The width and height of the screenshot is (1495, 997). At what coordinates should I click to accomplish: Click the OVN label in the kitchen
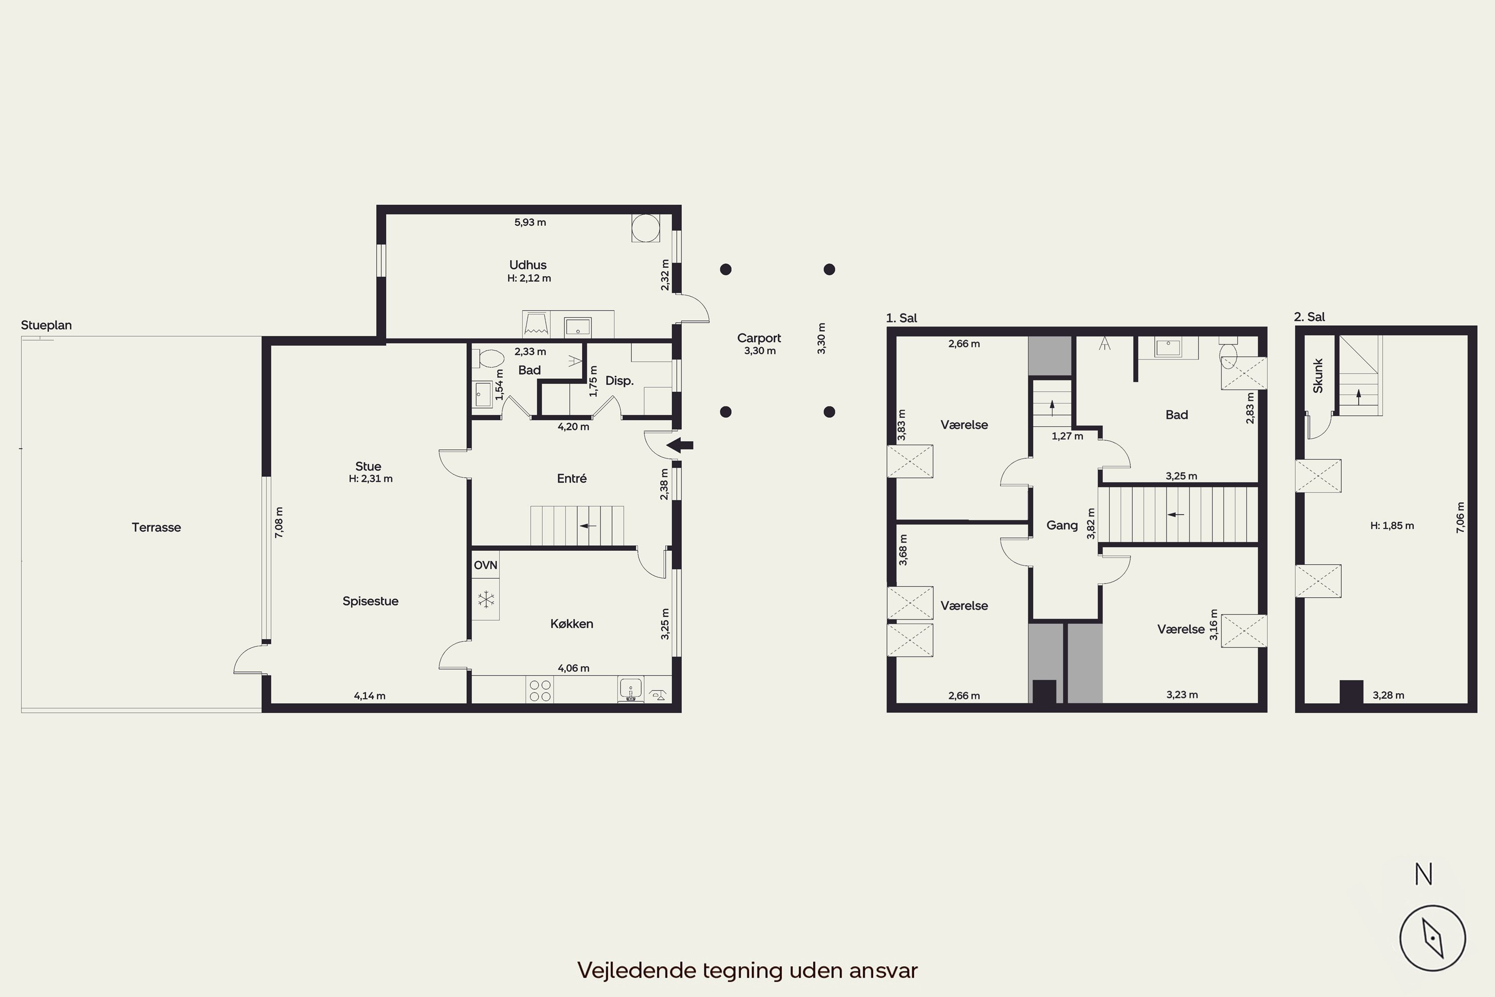[x=485, y=565]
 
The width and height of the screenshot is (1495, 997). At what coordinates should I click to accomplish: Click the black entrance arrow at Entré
[x=680, y=445]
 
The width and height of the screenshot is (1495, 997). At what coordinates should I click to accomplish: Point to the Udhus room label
[x=528, y=265]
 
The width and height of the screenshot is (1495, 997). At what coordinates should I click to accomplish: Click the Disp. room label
[x=619, y=381]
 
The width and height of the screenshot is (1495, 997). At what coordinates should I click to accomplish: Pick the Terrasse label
[x=156, y=527]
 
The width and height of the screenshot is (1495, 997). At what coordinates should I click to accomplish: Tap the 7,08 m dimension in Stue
[x=279, y=522]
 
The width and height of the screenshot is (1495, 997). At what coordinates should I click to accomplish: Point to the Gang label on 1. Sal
[x=1062, y=525]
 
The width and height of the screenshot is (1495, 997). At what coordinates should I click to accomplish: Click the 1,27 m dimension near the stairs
[x=1067, y=436]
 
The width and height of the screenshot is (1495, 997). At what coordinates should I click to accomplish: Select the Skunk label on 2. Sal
[x=1318, y=376]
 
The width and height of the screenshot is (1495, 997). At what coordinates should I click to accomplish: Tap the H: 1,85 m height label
[x=1392, y=526]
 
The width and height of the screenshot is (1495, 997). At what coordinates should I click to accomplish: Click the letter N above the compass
[x=1424, y=874]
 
